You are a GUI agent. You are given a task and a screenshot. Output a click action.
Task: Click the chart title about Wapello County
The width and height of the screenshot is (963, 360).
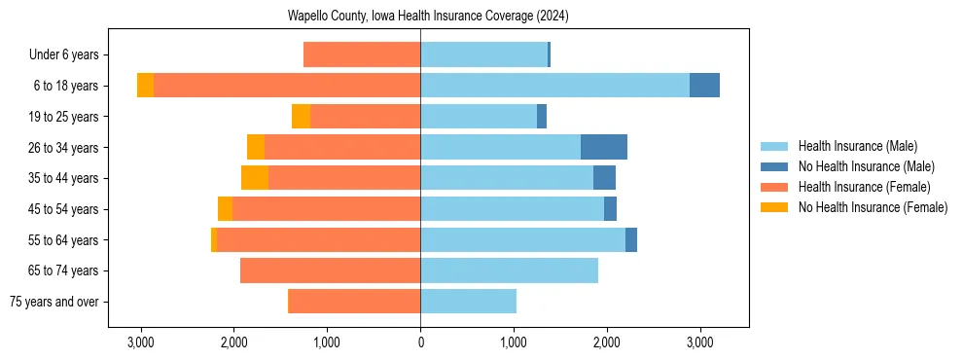tap(428, 17)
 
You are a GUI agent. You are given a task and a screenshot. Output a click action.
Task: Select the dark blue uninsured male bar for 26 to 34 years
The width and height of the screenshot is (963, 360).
tap(603, 147)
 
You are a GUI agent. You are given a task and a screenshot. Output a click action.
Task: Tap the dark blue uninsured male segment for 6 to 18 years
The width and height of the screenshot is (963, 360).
tap(704, 86)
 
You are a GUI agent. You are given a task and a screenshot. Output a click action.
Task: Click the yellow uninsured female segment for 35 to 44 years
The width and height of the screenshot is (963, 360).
tap(255, 178)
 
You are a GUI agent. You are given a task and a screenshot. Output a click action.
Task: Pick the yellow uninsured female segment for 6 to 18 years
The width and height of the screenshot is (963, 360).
tap(145, 86)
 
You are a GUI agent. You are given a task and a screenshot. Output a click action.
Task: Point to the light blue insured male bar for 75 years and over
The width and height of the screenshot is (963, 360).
tap(468, 302)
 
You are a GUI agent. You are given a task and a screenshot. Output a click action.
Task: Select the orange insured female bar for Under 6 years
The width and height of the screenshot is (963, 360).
tap(362, 54)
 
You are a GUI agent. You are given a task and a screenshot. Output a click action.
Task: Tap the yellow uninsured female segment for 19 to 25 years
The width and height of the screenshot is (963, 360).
tap(301, 117)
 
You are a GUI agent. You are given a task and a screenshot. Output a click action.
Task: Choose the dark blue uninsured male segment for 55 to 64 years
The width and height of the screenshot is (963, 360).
tap(631, 239)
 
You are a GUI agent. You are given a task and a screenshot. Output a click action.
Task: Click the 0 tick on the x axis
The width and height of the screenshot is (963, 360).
tap(420, 342)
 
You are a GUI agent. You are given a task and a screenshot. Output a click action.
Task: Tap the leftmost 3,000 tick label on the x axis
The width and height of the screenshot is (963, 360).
tap(141, 342)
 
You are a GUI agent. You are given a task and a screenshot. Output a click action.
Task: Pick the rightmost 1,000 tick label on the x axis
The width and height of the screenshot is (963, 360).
tap(514, 342)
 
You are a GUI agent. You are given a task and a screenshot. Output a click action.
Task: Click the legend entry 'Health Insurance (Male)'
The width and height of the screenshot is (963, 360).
tap(857, 146)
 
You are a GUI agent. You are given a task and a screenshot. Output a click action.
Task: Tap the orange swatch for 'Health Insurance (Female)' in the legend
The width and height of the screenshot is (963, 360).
tap(774, 187)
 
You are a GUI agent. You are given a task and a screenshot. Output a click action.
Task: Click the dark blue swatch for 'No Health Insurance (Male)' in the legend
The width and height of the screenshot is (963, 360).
tap(774, 166)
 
